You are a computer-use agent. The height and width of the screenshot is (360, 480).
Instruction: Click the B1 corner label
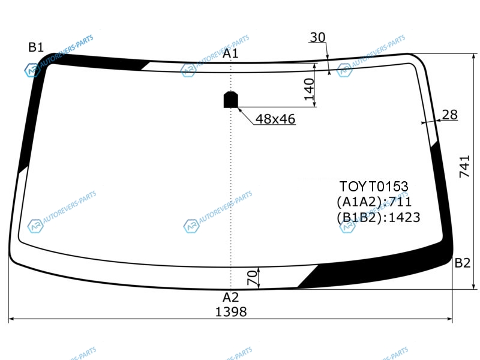[x=36, y=47]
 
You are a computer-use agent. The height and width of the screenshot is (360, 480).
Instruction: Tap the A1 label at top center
[x=230, y=53]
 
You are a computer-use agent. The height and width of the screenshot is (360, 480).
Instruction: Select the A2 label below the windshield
[x=230, y=297]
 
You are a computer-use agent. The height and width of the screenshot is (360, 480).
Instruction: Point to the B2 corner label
[x=462, y=263]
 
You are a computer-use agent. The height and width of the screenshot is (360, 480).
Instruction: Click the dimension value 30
[x=318, y=37]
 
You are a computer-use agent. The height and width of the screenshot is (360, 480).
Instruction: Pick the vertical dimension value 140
[x=309, y=89]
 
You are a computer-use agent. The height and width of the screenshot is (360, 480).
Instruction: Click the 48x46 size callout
[x=275, y=119]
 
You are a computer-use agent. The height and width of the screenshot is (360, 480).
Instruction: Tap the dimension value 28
[x=449, y=115]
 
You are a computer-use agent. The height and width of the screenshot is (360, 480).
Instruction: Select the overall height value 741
[x=464, y=167]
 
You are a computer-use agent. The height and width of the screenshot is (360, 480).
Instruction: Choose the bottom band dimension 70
[x=252, y=278]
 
